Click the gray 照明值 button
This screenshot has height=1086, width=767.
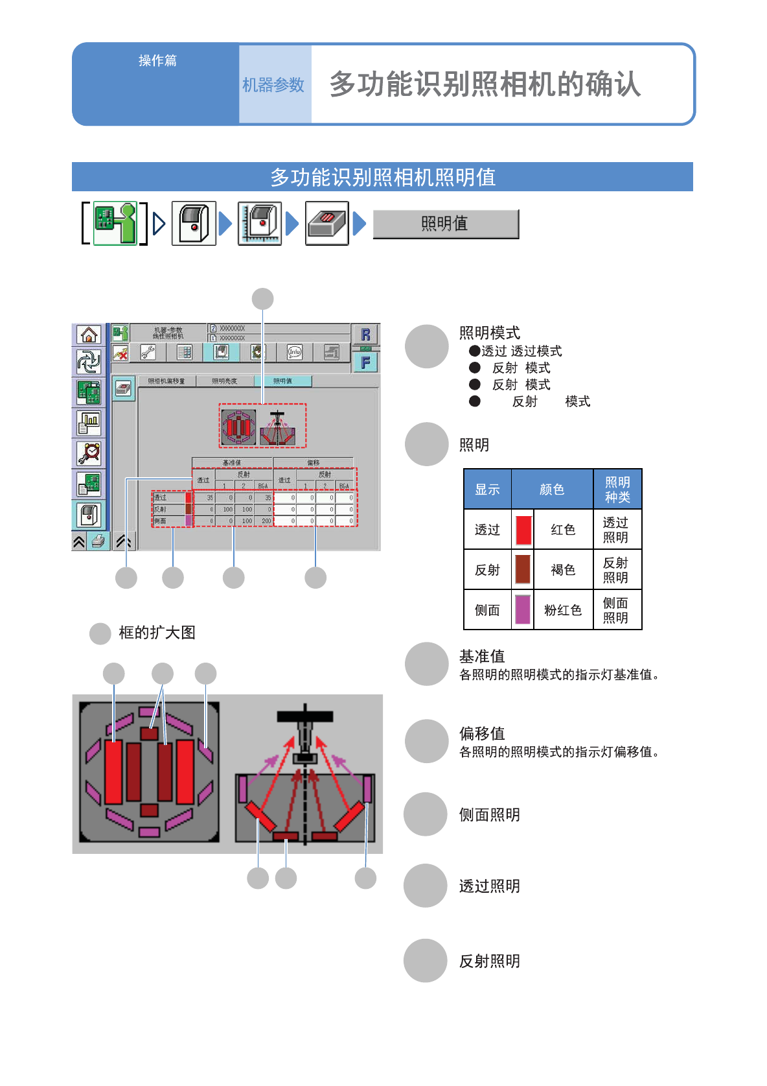pyautogui.click(x=446, y=224)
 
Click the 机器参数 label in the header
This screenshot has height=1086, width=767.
pyautogui.click(x=273, y=85)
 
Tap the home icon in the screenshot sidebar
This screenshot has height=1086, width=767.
pyautogui.click(x=89, y=335)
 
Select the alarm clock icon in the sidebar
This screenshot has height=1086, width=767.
pyautogui.click(x=89, y=453)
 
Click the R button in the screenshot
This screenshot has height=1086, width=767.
pyautogui.click(x=365, y=335)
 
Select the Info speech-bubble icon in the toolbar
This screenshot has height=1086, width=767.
pyautogui.click(x=295, y=352)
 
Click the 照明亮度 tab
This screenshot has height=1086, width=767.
pyautogui.click(x=225, y=381)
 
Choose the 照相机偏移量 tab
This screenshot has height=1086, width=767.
pyautogui.click(x=166, y=381)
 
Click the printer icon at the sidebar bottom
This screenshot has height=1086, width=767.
pyautogui.click(x=97, y=541)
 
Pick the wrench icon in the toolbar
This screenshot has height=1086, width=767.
pyautogui.click(x=148, y=352)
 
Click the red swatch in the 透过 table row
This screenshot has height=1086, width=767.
pyautogui.click(x=523, y=530)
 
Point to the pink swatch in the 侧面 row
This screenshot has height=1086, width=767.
pyautogui.click(x=523, y=609)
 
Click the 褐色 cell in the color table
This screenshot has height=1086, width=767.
pyautogui.click(x=563, y=570)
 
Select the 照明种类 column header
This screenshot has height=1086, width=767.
pyautogui.click(x=617, y=490)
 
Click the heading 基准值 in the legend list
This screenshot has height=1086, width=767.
pyautogui.click(x=482, y=656)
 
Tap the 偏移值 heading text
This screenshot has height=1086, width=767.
pyautogui.click(x=482, y=733)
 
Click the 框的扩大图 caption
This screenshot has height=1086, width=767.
pyautogui.click(x=157, y=633)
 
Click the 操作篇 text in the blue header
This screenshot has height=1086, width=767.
pyautogui.click(x=157, y=61)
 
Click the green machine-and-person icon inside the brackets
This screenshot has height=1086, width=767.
pyautogui.click(x=115, y=224)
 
